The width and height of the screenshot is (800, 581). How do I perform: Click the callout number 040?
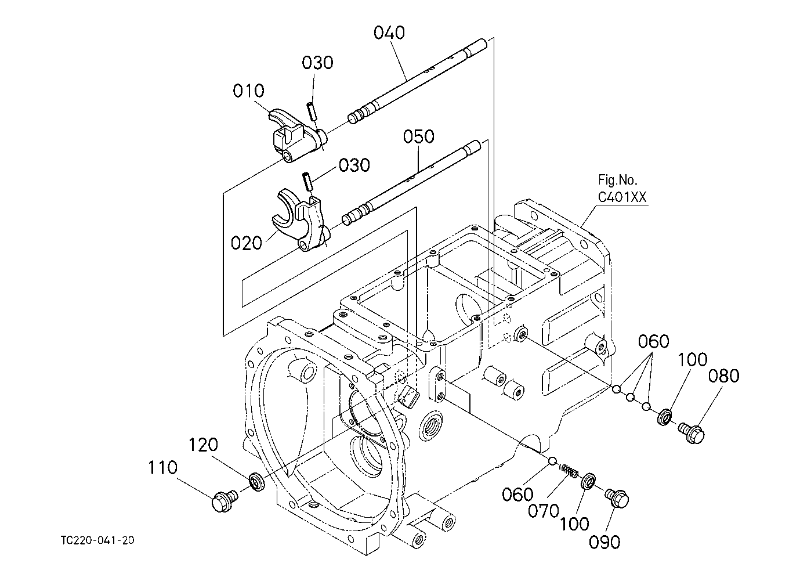pyautogui.click(x=389, y=33)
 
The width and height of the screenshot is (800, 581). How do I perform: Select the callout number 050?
pyautogui.click(x=419, y=136)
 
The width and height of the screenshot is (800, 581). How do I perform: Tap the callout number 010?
pyautogui.click(x=248, y=91)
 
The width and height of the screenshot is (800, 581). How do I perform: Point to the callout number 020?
pyautogui.click(x=247, y=243)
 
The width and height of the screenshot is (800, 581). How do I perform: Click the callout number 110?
pyautogui.click(x=163, y=467)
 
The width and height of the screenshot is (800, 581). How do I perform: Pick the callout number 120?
pyautogui.click(x=203, y=445)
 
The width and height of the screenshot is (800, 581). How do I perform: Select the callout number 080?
pyautogui.click(x=723, y=376)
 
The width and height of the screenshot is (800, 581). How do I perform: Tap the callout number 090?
pyautogui.click(x=604, y=542)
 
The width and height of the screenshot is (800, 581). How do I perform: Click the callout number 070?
pyautogui.click(x=544, y=511)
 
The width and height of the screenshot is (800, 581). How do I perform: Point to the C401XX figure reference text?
pyautogui.click(x=622, y=197)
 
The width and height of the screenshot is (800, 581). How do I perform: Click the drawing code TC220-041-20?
pyautogui.click(x=97, y=540)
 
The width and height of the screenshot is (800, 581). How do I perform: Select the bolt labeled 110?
pyautogui.click(x=225, y=500)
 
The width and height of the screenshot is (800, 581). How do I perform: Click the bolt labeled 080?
pyautogui.click(x=691, y=433)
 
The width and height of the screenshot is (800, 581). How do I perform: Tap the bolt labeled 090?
pyautogui.click(x=617, y=497)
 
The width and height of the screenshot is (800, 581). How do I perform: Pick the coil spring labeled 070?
pyautogui.click(x=569, y=470)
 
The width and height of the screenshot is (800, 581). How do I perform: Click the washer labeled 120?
pyautogui.click(x=257, y=481)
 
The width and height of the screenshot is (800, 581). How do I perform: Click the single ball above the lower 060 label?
pyautogui.click(x=552, y=461)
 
